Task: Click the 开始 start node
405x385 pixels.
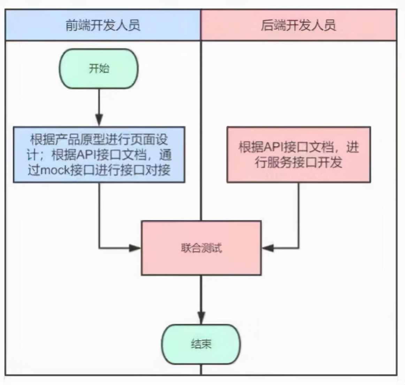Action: click(x=99, y=69)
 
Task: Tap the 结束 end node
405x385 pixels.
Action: click(x=201, y=344)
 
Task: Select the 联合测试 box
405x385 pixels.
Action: click(x=201, y=248)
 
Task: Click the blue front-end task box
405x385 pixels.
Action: click(x=99, y=155)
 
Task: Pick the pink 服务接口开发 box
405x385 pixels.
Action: click(x=298, y=154)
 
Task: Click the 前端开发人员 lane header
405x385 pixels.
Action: click(x=103, y=25)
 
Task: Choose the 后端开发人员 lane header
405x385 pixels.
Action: click(x=299, y=25)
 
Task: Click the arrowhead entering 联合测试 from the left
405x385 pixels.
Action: click(x=135, y=248)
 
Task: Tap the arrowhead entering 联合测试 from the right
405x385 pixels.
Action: click(x=268, y=248)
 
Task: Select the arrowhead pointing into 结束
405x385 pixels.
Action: click(x=201, y=318)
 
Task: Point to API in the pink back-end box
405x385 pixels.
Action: click(x=274, y=147)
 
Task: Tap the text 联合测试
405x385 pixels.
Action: click(x=201, y=248)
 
